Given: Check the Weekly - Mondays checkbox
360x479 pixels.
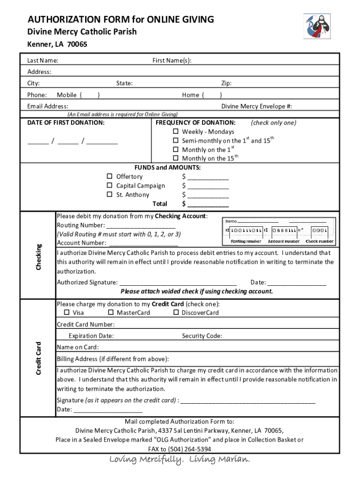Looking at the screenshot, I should click(x=176, y=131).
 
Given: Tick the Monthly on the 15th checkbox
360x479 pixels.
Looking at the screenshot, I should click(x=176, y=158).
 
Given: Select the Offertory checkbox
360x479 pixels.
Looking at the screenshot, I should click(x=109, y=176).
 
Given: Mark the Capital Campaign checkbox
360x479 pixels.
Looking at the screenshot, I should click(x=109, y=185).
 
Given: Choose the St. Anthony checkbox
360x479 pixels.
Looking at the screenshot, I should click(x=109, y=194).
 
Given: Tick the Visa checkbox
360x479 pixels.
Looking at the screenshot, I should click(x=66, y=312).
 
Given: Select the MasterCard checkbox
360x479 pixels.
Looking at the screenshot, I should click(x=111, y=312).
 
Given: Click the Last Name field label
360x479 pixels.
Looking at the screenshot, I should click(x=43, y=60).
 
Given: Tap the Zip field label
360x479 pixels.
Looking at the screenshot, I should click(x=226, y=83).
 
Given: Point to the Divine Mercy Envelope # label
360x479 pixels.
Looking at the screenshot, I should click(x=257, y=106).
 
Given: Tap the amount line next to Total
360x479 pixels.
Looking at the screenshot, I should click(x=208, y=204).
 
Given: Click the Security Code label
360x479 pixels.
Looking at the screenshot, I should click(x=202, y=336).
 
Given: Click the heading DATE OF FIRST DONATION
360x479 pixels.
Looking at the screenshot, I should click(x=66, y=123).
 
